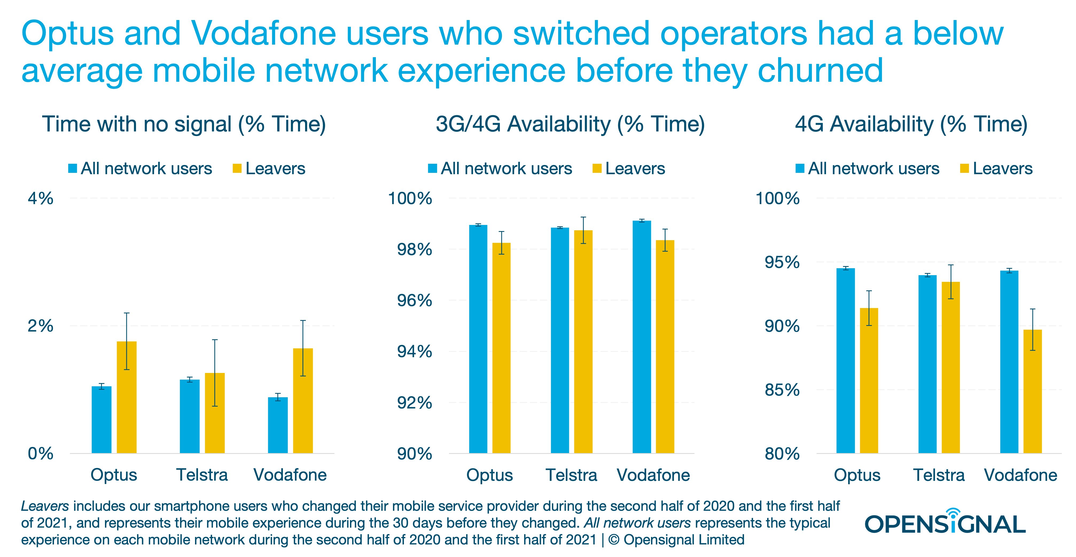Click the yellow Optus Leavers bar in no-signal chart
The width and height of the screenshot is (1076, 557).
click(x=127, y=397)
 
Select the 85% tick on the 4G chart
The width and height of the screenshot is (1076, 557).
click(x=782, y=390)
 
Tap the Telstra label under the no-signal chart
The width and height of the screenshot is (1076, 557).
click(x=202, y=475)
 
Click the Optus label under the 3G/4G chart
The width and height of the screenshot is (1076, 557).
click(x=490, y=475)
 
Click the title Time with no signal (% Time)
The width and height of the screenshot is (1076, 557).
click(x=184, y=124)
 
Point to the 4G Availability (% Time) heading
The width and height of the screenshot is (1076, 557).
click(x=911, y=124)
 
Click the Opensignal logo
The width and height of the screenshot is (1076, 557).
click(x=945, y=522)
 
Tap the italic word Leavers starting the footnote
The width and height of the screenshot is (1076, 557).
click(x=45, y=506)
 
